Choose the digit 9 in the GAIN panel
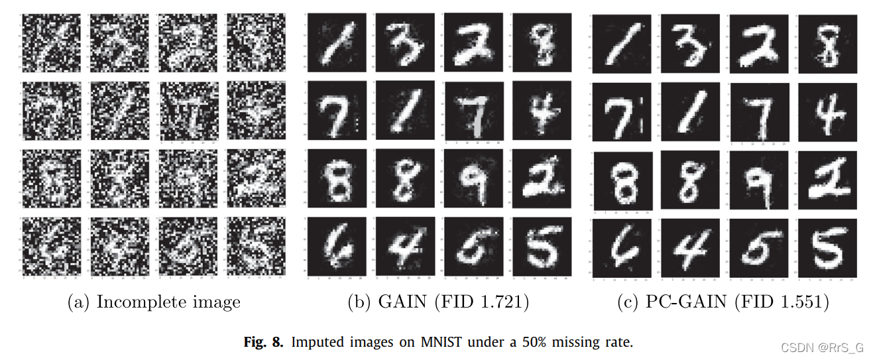tap(473, 178)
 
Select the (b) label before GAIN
tap(359, 302)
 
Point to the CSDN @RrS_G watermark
tap(821, 347)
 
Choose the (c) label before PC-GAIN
tap(628, 302)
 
